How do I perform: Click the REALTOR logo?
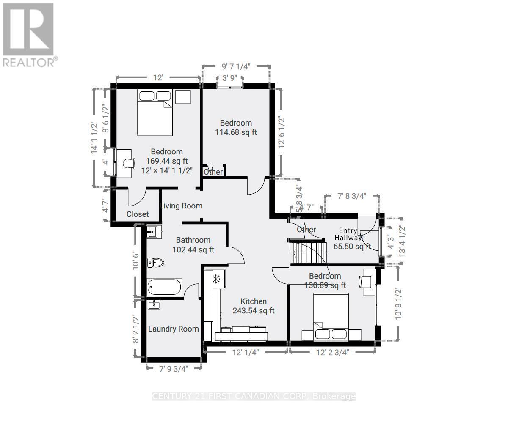click(x=29, y=34)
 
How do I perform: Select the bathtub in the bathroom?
click(x=165, y=287)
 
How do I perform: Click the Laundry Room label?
click(x=173, y=329)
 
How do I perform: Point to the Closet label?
click(x=138, y=214)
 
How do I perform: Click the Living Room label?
click(x=181, y=206)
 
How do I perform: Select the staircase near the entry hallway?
click(x=309, y=252)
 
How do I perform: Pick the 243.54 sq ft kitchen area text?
click(x=254, y=310)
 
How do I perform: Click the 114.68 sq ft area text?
click(x=236, y=132)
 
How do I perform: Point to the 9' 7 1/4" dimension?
click(x=236, y=66)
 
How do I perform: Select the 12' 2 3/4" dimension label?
click(x=332, y=353)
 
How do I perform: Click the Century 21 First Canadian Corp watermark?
click(x=254, y=396)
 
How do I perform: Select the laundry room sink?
click(x=154, y=304)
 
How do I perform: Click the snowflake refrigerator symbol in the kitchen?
click(x=216, y=279)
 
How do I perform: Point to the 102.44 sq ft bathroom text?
click(x=193, y=250)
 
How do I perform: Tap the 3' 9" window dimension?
click(x=230, y=78)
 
